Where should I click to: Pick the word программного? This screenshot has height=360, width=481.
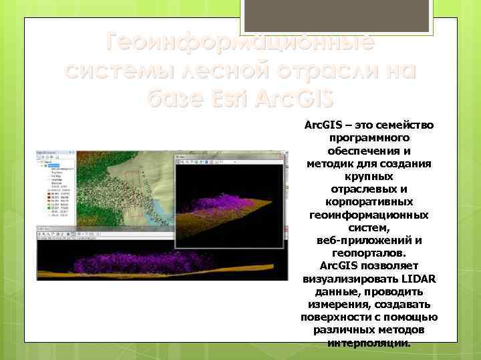[x=369, y=137]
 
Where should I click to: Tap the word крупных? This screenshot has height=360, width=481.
[x=369, y=176]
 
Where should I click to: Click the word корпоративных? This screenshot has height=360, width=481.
[x=369, y=201]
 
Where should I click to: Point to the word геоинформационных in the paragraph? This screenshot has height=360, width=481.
[x=369, y=215]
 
